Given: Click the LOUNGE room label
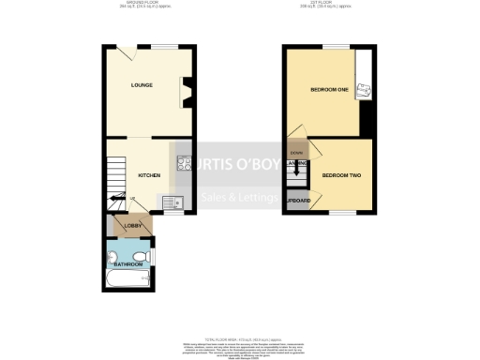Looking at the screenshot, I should pyautogui.click(x=142, y=85).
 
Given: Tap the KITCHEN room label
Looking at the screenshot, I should pyautogui.click(x=149, y=175).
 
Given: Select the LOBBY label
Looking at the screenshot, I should pyautogui.click(x=133, y=226).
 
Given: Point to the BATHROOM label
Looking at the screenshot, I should pyautogui.click(x=128, y=264).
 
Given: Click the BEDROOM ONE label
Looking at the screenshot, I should pyautogui.click(x=329, y=90).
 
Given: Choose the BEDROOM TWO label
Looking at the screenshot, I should pyautogui.click(x=342, y=175).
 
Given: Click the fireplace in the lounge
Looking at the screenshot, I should pyautogui.click(x=187, y=92).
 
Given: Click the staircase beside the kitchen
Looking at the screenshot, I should pyautogui.click(x=114, y=178).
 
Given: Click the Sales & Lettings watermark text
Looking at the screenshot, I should pyautogui.click(x=238, y=198).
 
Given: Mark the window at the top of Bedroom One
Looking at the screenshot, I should pyautogui.click(x=331, y=45).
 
